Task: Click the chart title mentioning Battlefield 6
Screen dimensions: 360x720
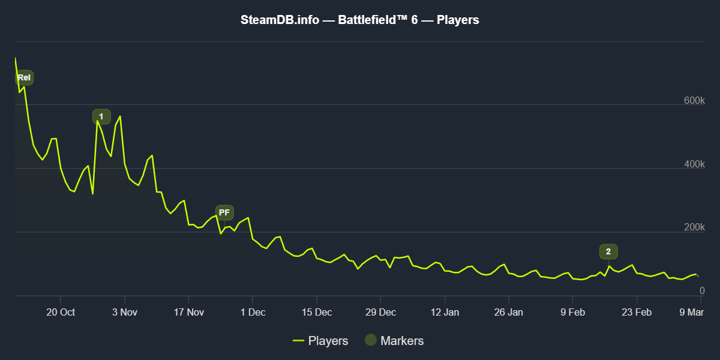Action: (x=360, y=20)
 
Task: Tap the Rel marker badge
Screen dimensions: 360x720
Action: (x=24, y=77)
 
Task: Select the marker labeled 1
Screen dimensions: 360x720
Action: (x=101, y=116)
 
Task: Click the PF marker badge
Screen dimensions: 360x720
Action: (x=224, y=212)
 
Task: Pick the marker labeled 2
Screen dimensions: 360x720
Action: (x=608, y=251)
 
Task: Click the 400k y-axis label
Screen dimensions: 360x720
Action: (x=694, y=164)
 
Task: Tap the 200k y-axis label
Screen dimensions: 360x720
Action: (x=694, y=228)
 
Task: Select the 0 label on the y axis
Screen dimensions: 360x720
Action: (x=701, y=291)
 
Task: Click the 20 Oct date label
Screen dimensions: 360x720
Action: (x=60, y=312)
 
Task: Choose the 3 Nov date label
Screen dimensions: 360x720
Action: (x=125, y=312)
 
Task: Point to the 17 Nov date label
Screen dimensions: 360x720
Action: (x=188, y=312)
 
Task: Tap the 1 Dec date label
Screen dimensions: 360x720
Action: (x=253, y=312)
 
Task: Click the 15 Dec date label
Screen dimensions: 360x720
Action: (x=316, y=312)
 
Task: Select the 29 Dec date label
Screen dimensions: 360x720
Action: (x=380, y=312)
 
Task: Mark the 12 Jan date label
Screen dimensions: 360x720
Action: (x=445, y=312)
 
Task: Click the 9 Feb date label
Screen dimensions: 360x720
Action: (x=572, y=312)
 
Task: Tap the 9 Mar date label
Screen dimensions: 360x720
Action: (x=691, y=312)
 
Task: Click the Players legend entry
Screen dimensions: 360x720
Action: (x=320, y=341)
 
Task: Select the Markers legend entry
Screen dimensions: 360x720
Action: (x=394, y=341)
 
